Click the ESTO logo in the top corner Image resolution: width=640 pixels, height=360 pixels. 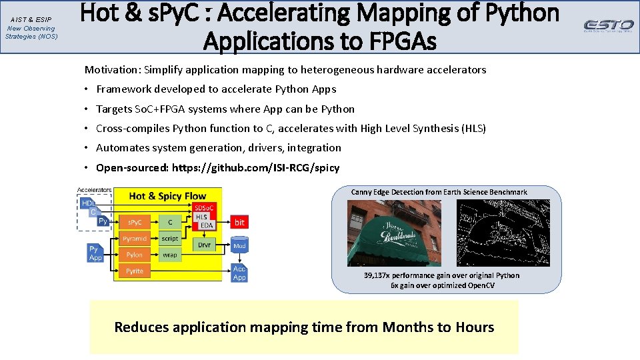(x=609, y=25)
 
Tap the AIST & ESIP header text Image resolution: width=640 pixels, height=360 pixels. (x=31, y=20)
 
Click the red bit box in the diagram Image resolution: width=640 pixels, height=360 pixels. (x=239, y=222)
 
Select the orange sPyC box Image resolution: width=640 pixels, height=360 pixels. (x=134, y=222)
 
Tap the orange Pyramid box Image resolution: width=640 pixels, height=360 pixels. (x=134, y=239)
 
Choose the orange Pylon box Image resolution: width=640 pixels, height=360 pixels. (x=134, y=255)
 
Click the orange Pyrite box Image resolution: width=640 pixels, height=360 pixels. (x=134, y=271)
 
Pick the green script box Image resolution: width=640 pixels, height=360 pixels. (x=170, y=239)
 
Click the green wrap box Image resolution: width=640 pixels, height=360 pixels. (x=170, y=255)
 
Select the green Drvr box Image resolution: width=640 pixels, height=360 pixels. (x=204, y=245)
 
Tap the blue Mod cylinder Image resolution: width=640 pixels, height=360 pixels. (x=239, y=245)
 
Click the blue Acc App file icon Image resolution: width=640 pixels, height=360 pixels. (x=239, y=273)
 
